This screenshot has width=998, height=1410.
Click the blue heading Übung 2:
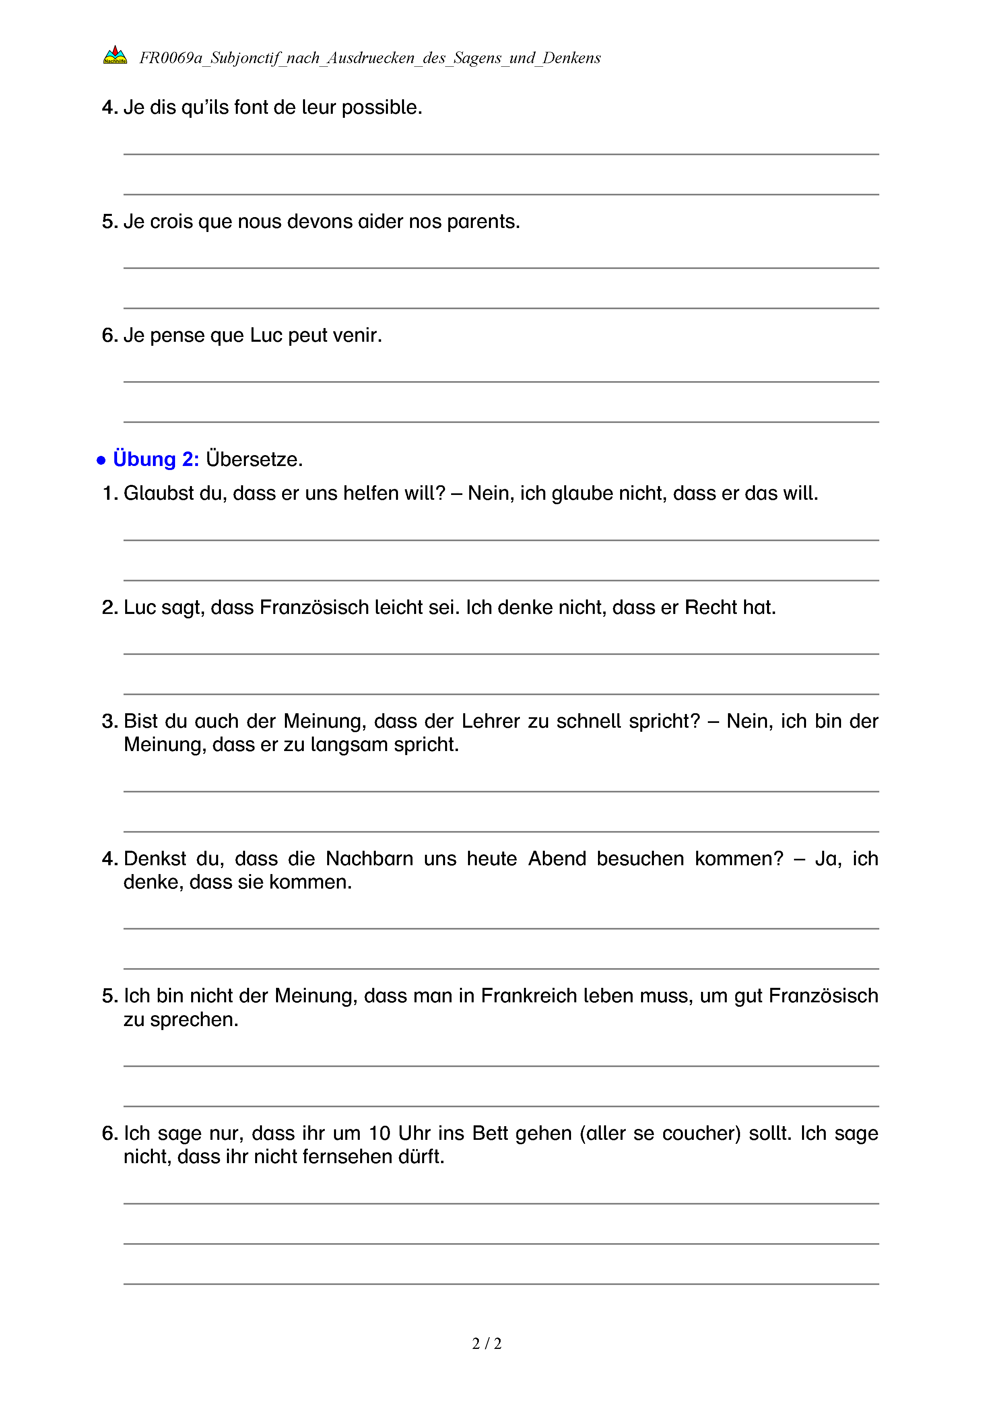(156, 460)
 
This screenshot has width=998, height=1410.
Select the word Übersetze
(254, 460)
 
